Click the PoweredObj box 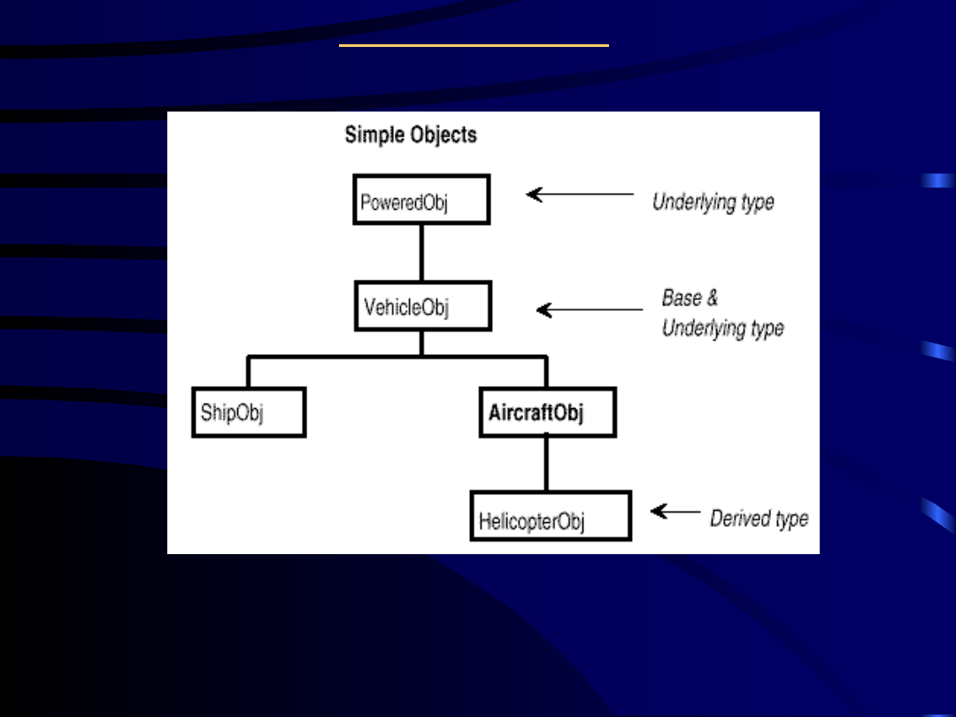(x=421, y=199)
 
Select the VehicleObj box (x=423, y=306)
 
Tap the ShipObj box (x=249, y=412)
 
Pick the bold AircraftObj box (x=547, y=412)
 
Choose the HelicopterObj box (x=551, y=516)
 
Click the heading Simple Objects (x=411, y=135)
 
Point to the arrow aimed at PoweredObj (x=580, y=194)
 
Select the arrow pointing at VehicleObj (x=590, y=310)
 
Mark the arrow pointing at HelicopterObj (x=675, y=512)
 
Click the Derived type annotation (x=759, y=518)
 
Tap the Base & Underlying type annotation (x=722, y=312)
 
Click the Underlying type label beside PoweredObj (x=713, y=202)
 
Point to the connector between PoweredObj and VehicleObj (x=421, y=252)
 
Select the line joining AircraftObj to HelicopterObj (x=546, y=464)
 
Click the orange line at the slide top (x=474, y=45)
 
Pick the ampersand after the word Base (x=712, y=298)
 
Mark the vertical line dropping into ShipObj (x=249, y=372)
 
